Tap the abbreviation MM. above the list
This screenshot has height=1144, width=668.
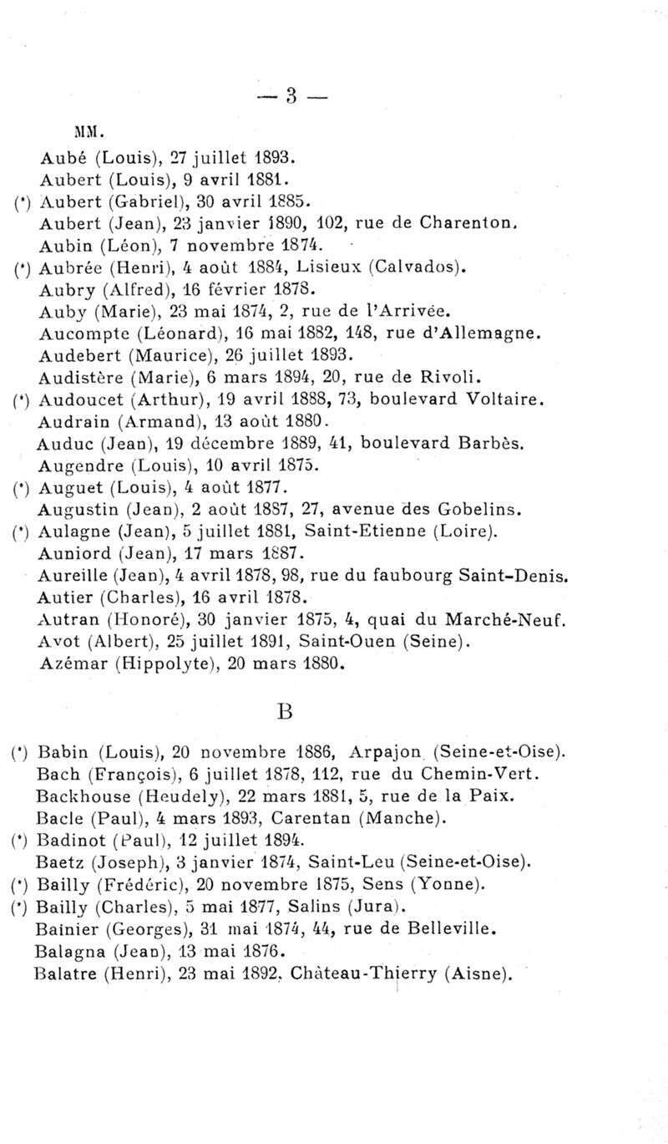point(89,131)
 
